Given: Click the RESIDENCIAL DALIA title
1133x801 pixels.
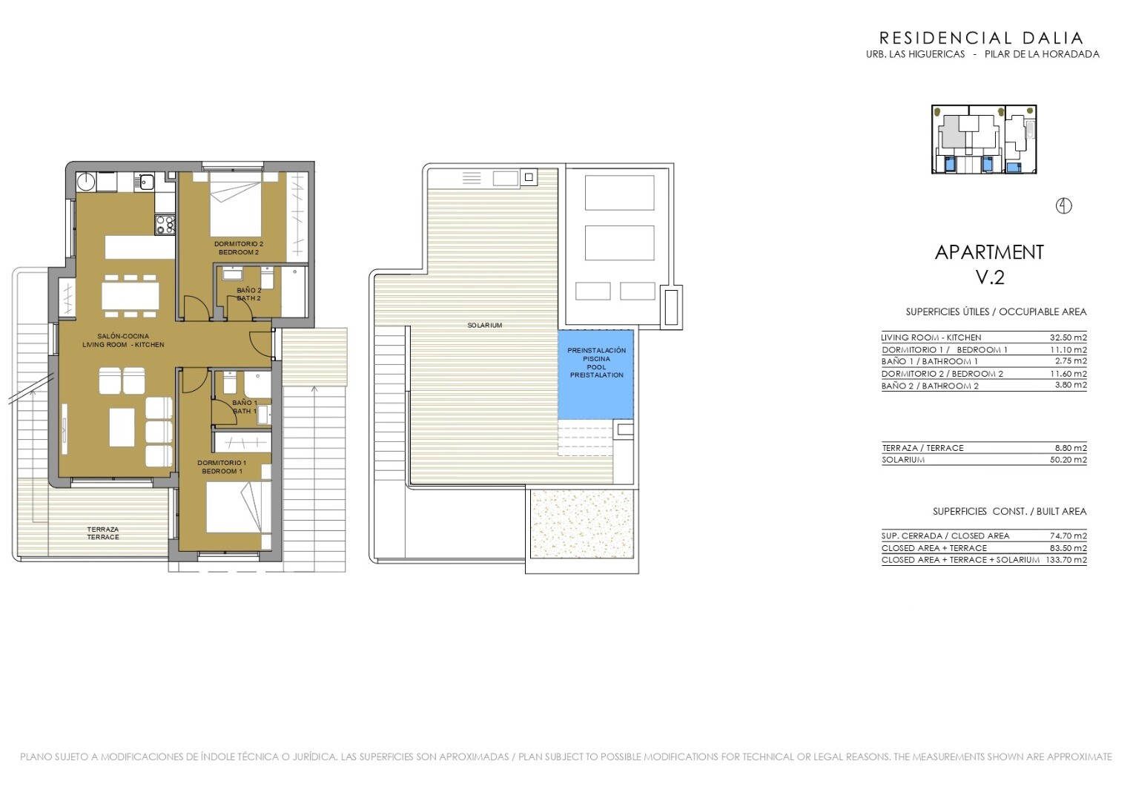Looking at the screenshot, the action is pyautogui.click(x=981, y=38).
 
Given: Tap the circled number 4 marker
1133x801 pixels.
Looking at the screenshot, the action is pyautogui.click(x=1064, y=206).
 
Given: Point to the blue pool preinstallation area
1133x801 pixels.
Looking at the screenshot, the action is pyautogui.click(x=596, y=375).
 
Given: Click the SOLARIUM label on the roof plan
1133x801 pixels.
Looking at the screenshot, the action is pyautogui.click(x=484, y=326).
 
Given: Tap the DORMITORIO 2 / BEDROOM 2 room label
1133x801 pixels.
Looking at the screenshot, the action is pyautogui.click(x=238, y=248).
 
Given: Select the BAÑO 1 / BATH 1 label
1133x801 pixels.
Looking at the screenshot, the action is pyautogui.click(x=245, y=407).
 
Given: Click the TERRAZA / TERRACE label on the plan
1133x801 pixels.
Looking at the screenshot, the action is pyautogui.click(x=102, y=533).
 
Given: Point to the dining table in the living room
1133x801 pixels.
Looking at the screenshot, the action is pyautogui.click(x=131, y=295).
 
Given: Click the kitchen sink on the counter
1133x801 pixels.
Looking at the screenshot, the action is pyautogui.click(x=146, y=181).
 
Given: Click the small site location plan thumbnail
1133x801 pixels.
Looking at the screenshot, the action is pyautogui.click(x=984, y=139).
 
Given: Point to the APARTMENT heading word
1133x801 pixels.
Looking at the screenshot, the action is pyautogui.click(x=989, y=252).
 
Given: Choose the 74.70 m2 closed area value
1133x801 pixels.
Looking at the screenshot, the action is pyautogui.click(x=1068, y=536).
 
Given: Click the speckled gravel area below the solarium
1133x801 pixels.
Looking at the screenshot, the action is pyautogui.click(x=581, y=524).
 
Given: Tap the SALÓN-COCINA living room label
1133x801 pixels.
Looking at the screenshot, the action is pyautogui.click(x=123, y=337).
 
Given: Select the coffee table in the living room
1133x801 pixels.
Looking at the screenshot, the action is pyautogui.click(x=122, y=428).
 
